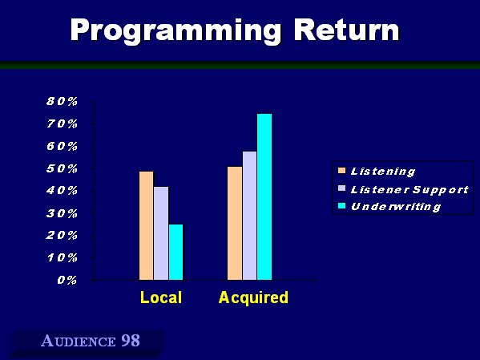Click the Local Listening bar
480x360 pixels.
pyautogui.click(x=147, y=225)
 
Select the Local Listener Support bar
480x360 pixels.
pyautogui.click(x=161, y=233)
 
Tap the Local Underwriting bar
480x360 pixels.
pyautogui.click(x=175, y=252)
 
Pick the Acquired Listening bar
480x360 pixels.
pyautogui.click(x=235, y=224)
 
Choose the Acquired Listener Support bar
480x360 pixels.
pyautogui.click(x=249, y=216)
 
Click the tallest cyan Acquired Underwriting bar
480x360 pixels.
pyautogui.click(x=264, y=196)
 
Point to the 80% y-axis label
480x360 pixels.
pyautogui.click(x=63, y=101)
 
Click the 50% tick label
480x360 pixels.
pyautogui.click(x=63, y=168)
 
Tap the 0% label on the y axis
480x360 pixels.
pyautogui.click(x=67, y=280)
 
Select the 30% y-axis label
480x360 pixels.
pyautogui.click(x=63, y=213)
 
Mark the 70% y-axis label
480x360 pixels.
pyautogui.click(x=63, y=123)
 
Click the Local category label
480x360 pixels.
pyautogui.click(x=161, y=297)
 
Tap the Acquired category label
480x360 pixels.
pyautogui.click(x=253, y=298)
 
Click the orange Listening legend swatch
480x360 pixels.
pyautogui.click(x=341, y=171)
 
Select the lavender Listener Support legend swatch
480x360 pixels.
pyautogui.click(x=341, y=188)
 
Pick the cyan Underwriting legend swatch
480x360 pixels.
pyautogui.click(x=341, y=206)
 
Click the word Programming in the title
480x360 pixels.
pyautogui.click(x=175, y=31)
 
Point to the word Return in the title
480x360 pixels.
pyautogui.click(x=347, y=30)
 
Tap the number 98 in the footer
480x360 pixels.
pyautogui.click(x=131, y=341)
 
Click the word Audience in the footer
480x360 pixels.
pyautogui.click(x=79, y=341)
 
